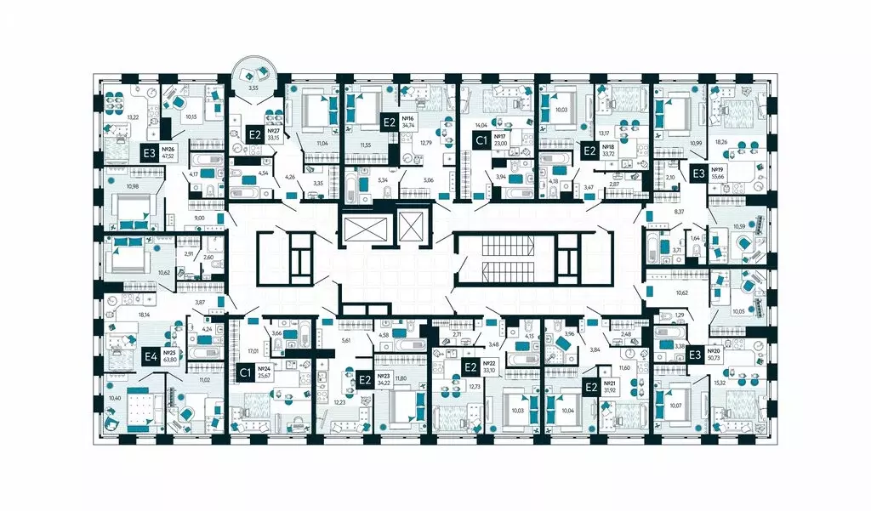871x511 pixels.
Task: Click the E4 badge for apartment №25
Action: pos(151,357)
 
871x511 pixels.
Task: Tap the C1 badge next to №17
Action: pos(481,139)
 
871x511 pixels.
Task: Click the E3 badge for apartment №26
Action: pos(149,153)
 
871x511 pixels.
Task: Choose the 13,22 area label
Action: pos(132,117)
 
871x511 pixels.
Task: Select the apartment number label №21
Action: pos(608,384)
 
